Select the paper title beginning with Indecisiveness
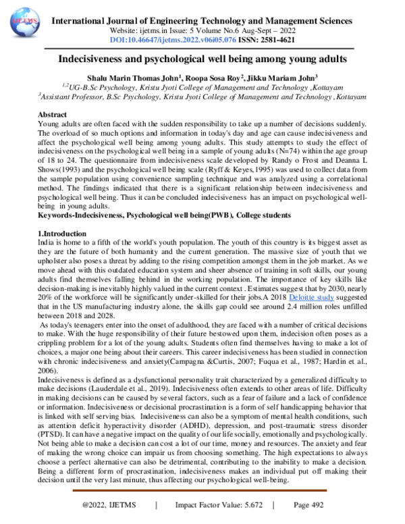pyautogui.click(x=202, y=59)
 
